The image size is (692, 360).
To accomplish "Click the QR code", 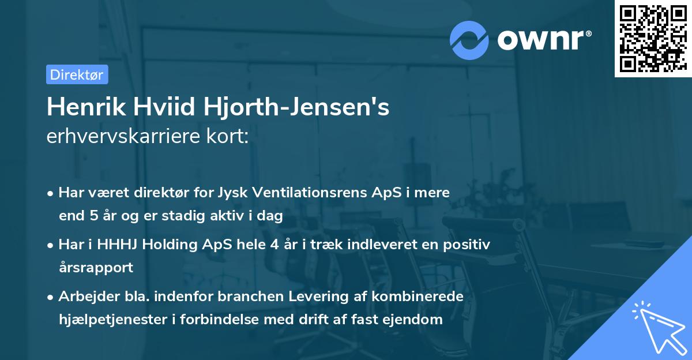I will tap(653, 39).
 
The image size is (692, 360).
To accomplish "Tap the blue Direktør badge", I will tap(77, 74).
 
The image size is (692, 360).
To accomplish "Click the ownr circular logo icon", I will tap(469, 40).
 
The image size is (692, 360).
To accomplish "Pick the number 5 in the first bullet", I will tap(95, 216).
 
